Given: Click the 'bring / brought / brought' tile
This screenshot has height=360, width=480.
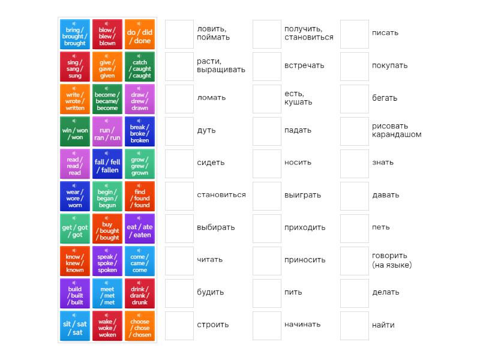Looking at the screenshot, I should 75,35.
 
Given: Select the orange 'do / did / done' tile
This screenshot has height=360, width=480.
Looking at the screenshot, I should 139,35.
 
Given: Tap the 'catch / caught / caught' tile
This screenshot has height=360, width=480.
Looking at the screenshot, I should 139,67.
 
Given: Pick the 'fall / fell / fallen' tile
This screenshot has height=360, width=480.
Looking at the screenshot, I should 107,164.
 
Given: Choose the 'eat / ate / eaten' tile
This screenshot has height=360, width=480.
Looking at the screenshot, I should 139,229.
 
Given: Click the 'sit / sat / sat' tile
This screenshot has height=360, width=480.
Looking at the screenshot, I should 75,326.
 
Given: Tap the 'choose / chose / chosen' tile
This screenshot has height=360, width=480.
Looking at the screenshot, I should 139,326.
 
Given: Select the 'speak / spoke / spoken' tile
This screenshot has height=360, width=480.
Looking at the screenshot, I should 107,262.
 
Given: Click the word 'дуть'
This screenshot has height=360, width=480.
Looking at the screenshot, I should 206,130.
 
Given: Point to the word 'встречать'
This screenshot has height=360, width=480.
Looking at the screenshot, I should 304,65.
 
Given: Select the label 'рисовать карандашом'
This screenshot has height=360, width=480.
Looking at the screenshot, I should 397,130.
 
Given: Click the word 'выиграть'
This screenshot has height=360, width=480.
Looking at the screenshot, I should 302,195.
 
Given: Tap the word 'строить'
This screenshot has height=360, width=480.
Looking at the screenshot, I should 213,325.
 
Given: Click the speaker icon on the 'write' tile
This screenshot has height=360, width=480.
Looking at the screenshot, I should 75,89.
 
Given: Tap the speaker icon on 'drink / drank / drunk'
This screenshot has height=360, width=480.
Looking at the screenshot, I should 139,283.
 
